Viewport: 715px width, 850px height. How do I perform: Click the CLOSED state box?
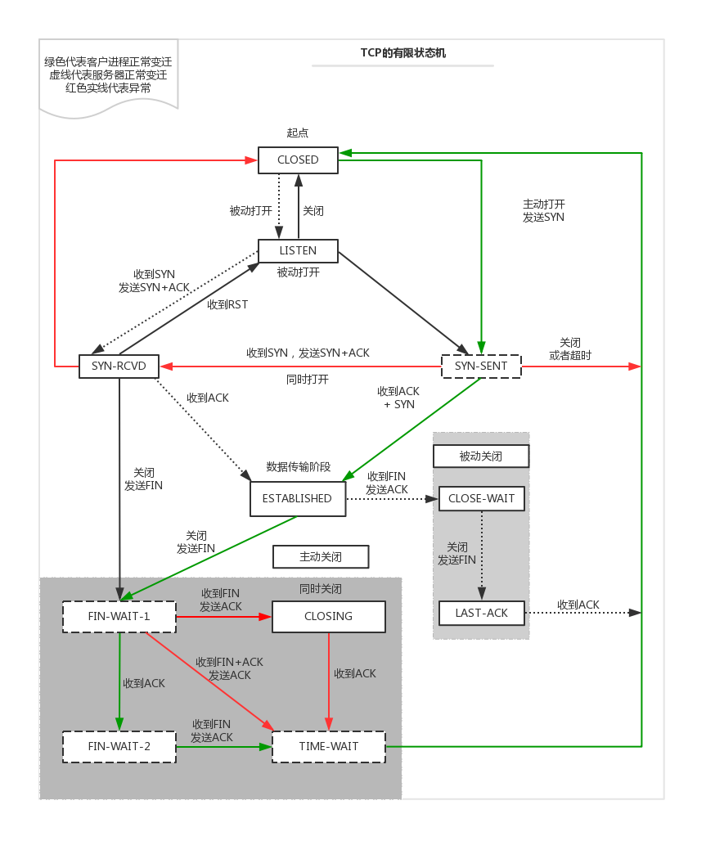(298, 160)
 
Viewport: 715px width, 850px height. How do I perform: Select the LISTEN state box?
(298, 250)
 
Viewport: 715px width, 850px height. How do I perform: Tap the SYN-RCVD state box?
(119, 366)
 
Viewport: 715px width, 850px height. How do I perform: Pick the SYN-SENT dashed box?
(480, 366)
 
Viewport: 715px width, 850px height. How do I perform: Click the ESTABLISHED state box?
(297, 498)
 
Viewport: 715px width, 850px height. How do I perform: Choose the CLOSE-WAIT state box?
(481, 498)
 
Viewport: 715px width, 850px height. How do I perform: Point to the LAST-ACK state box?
(481, 613)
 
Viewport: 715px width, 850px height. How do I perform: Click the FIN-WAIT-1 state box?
(119, 616)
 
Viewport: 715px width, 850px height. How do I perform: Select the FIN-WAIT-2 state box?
(119, 746)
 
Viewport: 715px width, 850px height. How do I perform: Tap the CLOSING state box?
(328, 616)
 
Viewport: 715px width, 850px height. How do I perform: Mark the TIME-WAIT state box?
(328, 746)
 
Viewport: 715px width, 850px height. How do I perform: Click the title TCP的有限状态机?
(402, 53)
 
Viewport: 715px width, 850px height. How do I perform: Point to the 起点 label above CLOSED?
(298, 133)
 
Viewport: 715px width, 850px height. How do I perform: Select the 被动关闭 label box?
(480, 456)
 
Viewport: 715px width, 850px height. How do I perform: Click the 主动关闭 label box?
(320, 557)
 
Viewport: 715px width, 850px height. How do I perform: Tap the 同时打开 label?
(308, 380)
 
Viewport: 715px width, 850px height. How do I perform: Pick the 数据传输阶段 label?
(299, 467)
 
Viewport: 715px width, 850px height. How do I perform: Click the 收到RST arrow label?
(227, 304)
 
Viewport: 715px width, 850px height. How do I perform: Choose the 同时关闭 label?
(321, 589)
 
